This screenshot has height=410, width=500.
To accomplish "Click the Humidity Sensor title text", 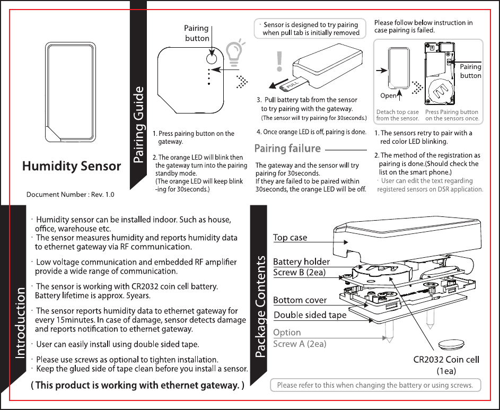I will click(x=71, y=166).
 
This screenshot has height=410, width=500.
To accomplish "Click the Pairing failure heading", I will click(x=288, y=149).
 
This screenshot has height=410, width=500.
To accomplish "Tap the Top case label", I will click(x=290, y=237).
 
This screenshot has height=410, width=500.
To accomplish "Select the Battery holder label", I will click(x=301, y=261).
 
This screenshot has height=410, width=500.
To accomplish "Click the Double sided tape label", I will click(x=310, y=315).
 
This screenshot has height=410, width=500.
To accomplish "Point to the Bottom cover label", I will click(x=300, y=300).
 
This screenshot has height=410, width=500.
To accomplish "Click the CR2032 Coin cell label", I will click(x=446, y=359).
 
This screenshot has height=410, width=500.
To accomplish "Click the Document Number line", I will click(x=71, y=194).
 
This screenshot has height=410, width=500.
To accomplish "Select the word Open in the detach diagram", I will click(x=388, y=96).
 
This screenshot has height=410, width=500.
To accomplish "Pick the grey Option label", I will click(x=287, y=333).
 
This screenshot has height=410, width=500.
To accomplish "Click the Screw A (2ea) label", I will click(x=300, y=344).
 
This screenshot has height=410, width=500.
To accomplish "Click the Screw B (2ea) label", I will click(x=299, y=273).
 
